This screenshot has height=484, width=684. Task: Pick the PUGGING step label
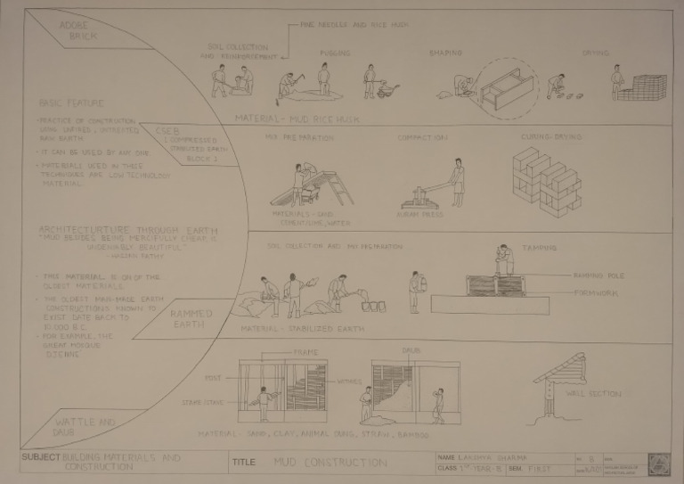(x=335, y=53)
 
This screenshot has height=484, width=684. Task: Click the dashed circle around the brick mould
(x=506, y=89)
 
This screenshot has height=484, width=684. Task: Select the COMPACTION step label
(x=421, y=138)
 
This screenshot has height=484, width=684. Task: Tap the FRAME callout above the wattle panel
(x=305, y=353)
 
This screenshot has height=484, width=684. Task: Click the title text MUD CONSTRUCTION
(x=330, y=463)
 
